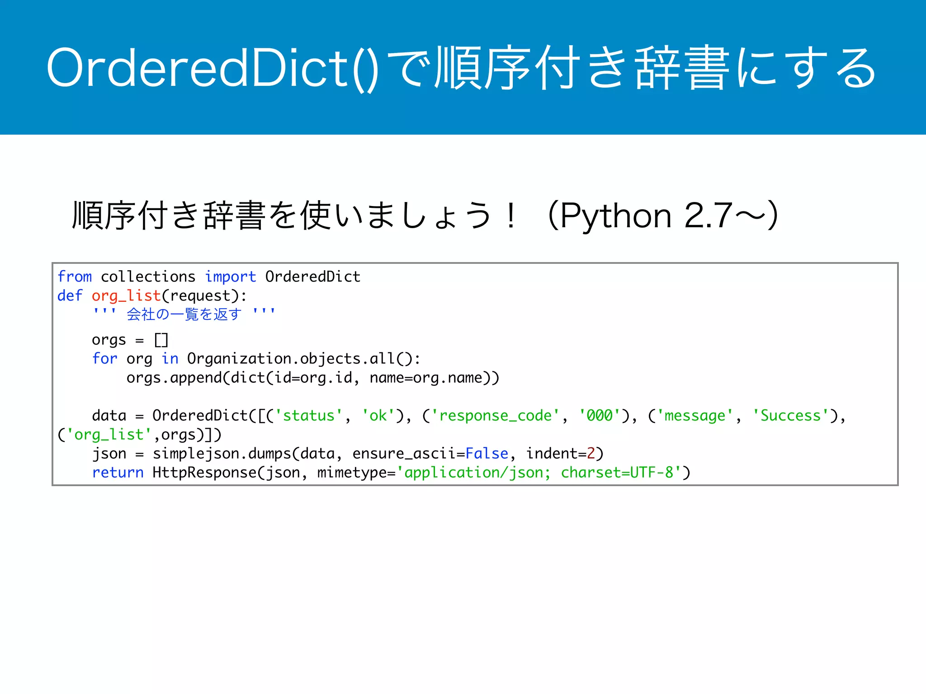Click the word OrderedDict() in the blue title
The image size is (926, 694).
point(213,68)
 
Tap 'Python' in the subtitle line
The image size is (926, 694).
point(615,216)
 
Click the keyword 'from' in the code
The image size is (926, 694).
point(75,277)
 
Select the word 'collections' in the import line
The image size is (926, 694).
point(148,277)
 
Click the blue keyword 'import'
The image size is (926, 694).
point(230,277)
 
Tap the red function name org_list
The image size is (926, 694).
point(126,296)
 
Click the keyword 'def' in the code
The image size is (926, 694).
point(70,296)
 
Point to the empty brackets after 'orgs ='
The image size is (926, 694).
point(161,340)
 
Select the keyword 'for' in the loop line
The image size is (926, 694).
point(104,359)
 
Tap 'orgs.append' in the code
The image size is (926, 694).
point(174,378)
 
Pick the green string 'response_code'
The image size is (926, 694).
point(495,416)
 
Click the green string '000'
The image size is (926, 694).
point(600,416)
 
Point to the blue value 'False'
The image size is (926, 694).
point(487,454)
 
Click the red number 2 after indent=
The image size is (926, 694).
point(591,454)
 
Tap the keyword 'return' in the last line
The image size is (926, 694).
point(118,473)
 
